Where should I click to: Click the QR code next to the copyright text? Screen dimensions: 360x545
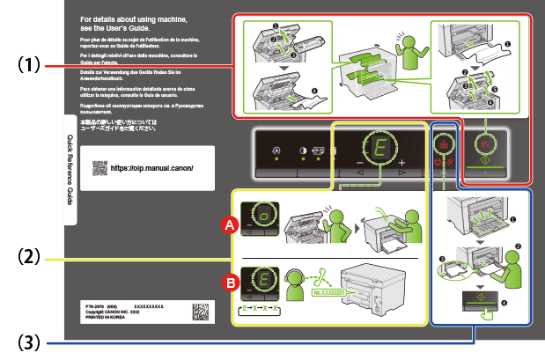203,314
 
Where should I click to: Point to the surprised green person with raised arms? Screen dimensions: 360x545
409,57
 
